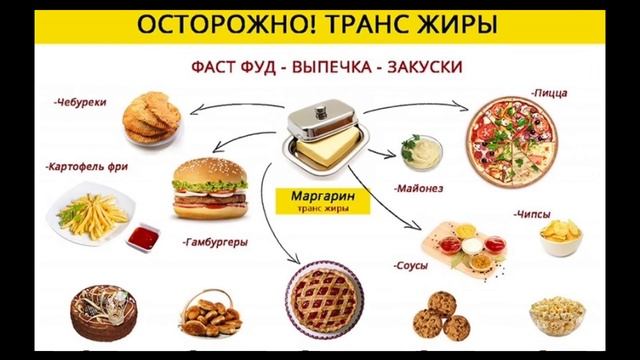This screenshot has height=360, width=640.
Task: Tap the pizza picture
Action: tap(515, 145)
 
